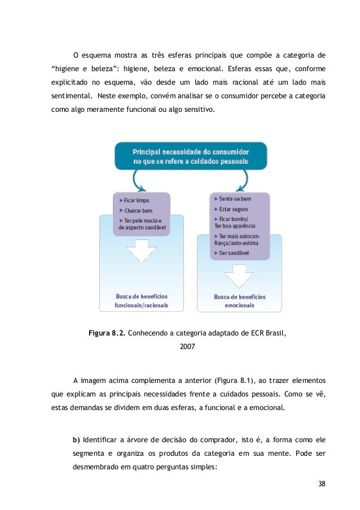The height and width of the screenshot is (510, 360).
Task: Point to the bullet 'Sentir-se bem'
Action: [233, 199]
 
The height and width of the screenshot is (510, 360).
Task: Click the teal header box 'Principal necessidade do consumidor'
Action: [191, 156]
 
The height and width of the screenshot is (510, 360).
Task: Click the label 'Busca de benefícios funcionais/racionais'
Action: [141, 301]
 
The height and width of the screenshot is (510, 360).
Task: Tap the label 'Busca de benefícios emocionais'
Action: [239, 301]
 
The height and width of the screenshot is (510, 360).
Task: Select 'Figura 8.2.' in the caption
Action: [107, 332]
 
